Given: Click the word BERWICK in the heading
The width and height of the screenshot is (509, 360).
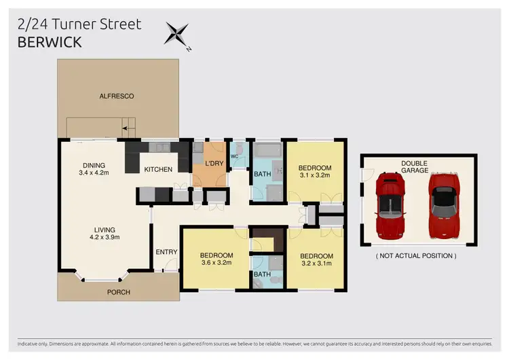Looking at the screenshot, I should point(51,42).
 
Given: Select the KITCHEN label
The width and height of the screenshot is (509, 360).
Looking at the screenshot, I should point(157,169).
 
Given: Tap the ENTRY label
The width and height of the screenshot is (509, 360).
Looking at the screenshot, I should point(166,252).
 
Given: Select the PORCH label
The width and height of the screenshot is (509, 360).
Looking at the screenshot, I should point(118,292).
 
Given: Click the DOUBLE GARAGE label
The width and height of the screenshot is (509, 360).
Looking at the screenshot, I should point(414,167).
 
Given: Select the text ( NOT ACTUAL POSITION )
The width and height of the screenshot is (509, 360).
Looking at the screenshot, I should point(416,256).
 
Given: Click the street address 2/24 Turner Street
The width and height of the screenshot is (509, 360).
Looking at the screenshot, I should point(79,24).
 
